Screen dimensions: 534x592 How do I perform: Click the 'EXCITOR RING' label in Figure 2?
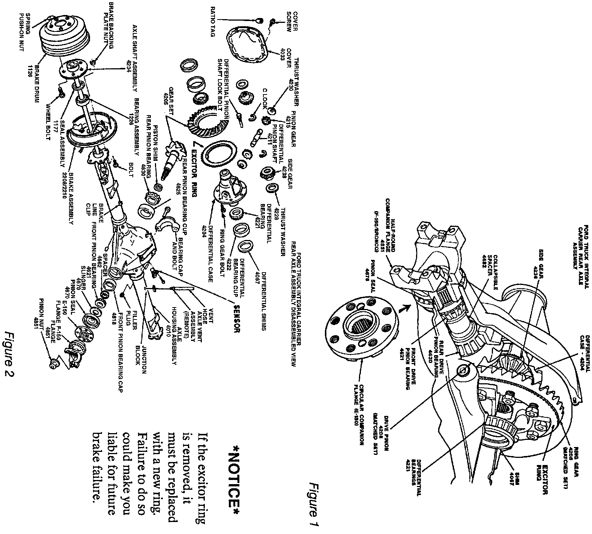tap(194, 169)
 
